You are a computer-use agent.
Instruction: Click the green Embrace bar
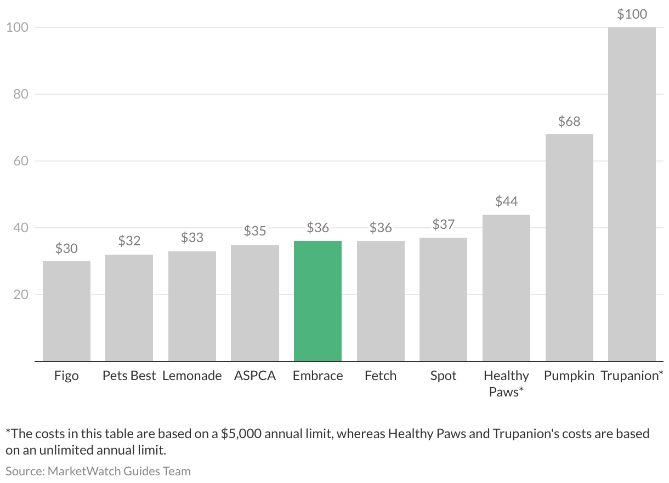click(x=318, y=301)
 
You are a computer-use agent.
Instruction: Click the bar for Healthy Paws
click(x=506, y=287)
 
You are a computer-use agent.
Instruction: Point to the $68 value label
click(x=569, y=122)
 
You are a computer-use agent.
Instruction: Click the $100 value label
click(x=632, y=14)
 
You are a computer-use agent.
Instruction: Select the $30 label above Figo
click(x=66, y=249)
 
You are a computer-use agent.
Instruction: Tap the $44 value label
click(x=506, y=202)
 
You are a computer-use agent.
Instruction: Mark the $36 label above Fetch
click(x=381, y=228)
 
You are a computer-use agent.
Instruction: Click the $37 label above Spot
click(x=443, y=225)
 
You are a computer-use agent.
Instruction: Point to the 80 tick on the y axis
click(x=20, y=94)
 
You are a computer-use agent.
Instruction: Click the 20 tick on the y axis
click(x=20, y=295)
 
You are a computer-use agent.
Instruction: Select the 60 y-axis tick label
click(x=20, y=161)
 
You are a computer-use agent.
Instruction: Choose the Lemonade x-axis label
click(x=192, y=376)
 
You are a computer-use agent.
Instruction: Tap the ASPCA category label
click(x=255, y=376)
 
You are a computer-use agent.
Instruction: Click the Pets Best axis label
click(x=129, y=376)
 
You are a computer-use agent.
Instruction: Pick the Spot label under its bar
click(x=443, y=376)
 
